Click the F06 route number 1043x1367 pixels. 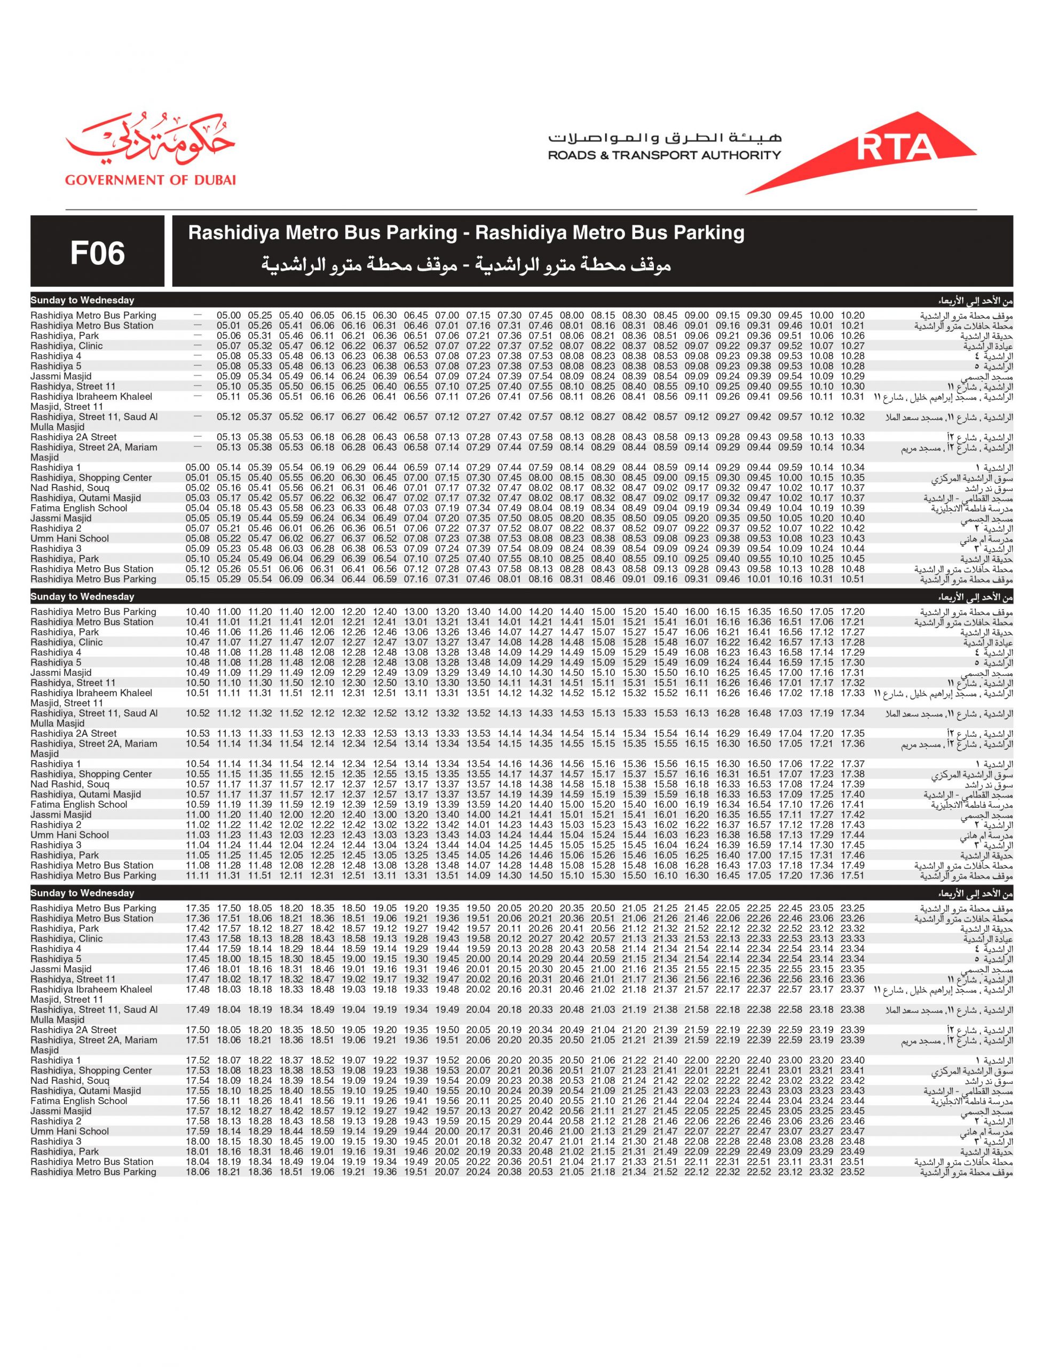click(x=98, y=254)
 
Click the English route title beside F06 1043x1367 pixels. click(x=465, y=233)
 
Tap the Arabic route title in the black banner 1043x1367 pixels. click(x=465, y=266)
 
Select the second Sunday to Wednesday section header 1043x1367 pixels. click(x=83, y=597)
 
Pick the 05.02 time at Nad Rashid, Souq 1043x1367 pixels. click(x=197, y=488)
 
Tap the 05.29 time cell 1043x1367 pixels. click(x=228, y=579)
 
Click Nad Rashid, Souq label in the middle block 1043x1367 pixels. click(x=69, y=784)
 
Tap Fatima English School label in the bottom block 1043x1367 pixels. click(x=79, y=1101)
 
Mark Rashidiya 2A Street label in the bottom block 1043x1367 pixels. click(x=73, y=1030)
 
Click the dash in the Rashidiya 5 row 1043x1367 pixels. click(x=197, y=366)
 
